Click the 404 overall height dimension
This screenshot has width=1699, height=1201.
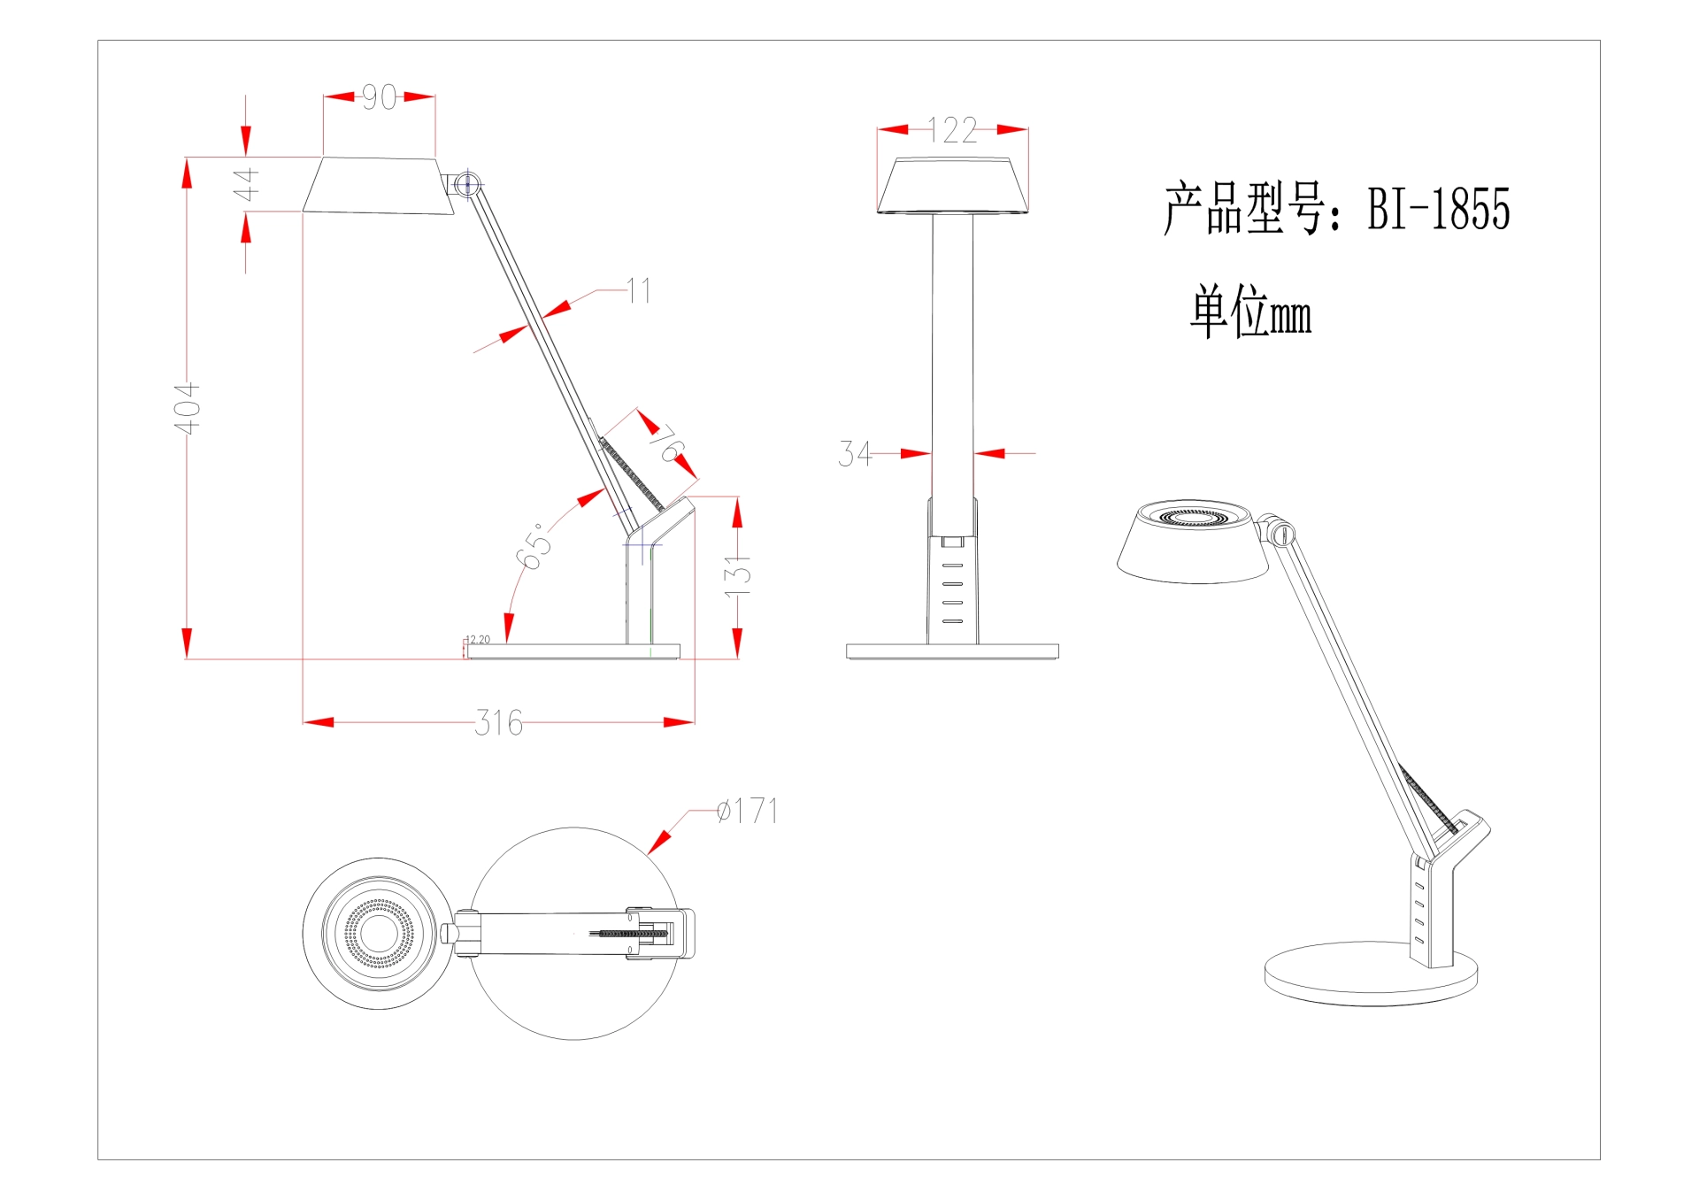pyautogui.click(x=187, y=408)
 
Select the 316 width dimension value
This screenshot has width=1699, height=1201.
pyautogui.click(x=499, y=723)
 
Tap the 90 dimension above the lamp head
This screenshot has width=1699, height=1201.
pyautogui.click(x=380, y=97)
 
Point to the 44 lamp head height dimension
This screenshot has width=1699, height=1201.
pyautogui.click(x=246, y=184)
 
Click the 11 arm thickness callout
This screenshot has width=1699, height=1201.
pyautogui.click(x=639, y=290)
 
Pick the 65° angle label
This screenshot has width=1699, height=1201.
pyautogui.click(x=534, y=547)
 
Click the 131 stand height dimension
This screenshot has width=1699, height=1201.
pyautogui.click(x=737, y=574)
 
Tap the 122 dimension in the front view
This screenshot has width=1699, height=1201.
pyautogui.click(x=953, y=131)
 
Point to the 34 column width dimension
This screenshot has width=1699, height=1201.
pyautogui.click(x=854, y=454)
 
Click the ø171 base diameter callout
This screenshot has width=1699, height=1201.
pyautogui.click(x=748, y=811)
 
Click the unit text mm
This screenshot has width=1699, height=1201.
pyautogui.click(x=1290, y=315)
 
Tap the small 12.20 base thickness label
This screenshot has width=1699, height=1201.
pyautogui.click(x=478, y=639)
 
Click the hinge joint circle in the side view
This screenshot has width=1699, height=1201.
pyautogui.click(x=468, y=185)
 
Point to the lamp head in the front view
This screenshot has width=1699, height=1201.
pyautogui.click(x=952, y=186)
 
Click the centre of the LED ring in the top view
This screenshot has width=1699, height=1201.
pyautogui.click(x=379, y=933)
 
